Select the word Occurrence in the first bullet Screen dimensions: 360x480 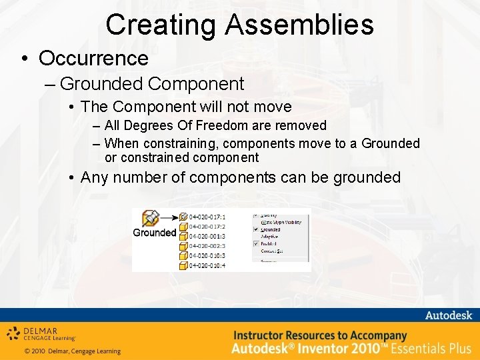(93, 58)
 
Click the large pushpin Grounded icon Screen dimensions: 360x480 (151, 218)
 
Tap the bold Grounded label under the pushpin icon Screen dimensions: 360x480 (154, 233)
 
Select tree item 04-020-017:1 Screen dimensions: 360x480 (207, 217)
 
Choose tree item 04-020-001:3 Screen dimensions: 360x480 (207, 236)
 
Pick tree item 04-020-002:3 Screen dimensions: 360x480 (207, 246)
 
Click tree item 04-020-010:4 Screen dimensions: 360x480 (207, 266)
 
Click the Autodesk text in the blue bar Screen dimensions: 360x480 (448, 315)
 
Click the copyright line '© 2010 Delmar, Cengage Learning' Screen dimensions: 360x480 (72, 351)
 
